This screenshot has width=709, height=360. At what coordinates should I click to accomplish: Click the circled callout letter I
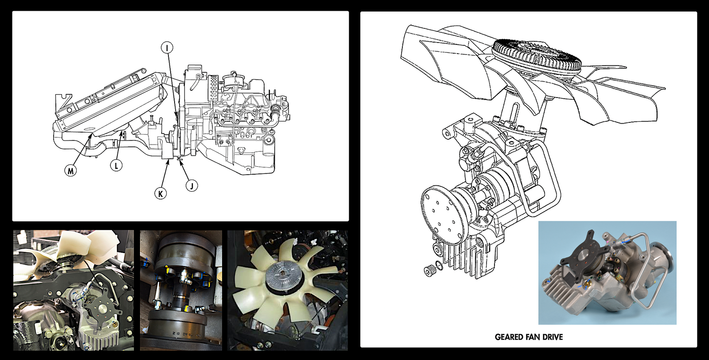[167, 47]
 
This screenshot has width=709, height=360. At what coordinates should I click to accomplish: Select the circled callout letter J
[191, 185]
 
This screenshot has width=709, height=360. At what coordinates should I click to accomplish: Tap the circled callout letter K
[160, 193]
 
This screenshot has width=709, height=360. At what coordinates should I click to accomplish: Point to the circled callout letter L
[116, 165]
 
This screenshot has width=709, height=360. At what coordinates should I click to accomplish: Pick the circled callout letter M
[70, 170]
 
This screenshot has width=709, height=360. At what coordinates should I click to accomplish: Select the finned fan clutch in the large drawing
[537, 55]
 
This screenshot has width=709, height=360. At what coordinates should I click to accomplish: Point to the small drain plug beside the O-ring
[429, 270]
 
